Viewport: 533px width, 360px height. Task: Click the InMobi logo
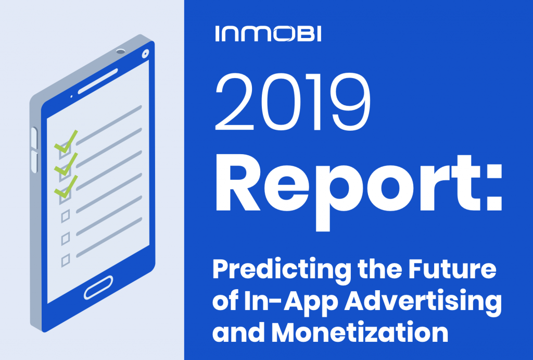(x=268, y=34)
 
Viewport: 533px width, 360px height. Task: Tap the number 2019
(x=293, y=102)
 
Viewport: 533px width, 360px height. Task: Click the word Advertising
(x=423, y=302)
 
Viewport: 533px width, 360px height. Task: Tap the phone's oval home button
(x=98, y=288)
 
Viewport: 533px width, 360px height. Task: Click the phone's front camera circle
(x=146, y=54)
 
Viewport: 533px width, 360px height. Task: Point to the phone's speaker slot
(x=98, y=81)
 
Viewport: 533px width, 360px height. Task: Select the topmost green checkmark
(x=66, y=142)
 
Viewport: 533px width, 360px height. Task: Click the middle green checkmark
(x=66, y=164)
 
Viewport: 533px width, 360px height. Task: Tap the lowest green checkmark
(x=66, y=187)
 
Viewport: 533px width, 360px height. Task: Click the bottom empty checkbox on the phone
(x=66, y=260)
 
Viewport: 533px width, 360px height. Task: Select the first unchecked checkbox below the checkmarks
(x=66, y=216)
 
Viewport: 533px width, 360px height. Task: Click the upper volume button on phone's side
(x=34, y=138)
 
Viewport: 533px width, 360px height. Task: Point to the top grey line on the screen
(x=109, y=125)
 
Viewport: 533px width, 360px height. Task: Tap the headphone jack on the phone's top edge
(x=121, y=52)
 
